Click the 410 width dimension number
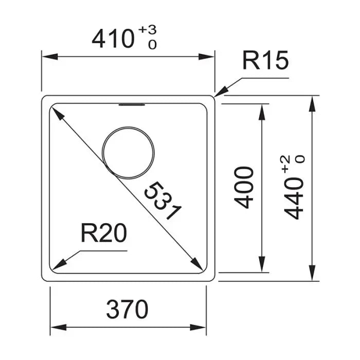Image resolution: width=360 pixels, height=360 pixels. point(113,39)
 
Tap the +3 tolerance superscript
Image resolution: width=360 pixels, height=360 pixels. point(148,30)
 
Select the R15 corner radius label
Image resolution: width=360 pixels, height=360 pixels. point(265,60)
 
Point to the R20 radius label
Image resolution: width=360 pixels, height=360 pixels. point(104,233)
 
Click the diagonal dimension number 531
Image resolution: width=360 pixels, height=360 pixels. point(163,200)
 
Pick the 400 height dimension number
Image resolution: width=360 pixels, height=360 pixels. point(244,188)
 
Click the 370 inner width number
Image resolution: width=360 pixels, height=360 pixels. point(127,309)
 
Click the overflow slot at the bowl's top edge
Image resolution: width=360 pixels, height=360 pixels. point(132,105)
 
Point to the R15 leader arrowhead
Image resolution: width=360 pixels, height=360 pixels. point(221,92)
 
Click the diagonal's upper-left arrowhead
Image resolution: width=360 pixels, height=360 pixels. point(58,114)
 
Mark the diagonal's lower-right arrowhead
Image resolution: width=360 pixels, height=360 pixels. point(197,264)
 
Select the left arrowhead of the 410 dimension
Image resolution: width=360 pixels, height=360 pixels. point(50,57)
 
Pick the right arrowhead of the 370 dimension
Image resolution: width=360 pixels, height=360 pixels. point(198,328)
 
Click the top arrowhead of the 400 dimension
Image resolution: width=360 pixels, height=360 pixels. point(262,112)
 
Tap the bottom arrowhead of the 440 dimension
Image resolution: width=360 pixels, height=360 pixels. point(312,273)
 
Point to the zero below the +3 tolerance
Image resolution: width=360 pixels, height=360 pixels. point(152,45)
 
